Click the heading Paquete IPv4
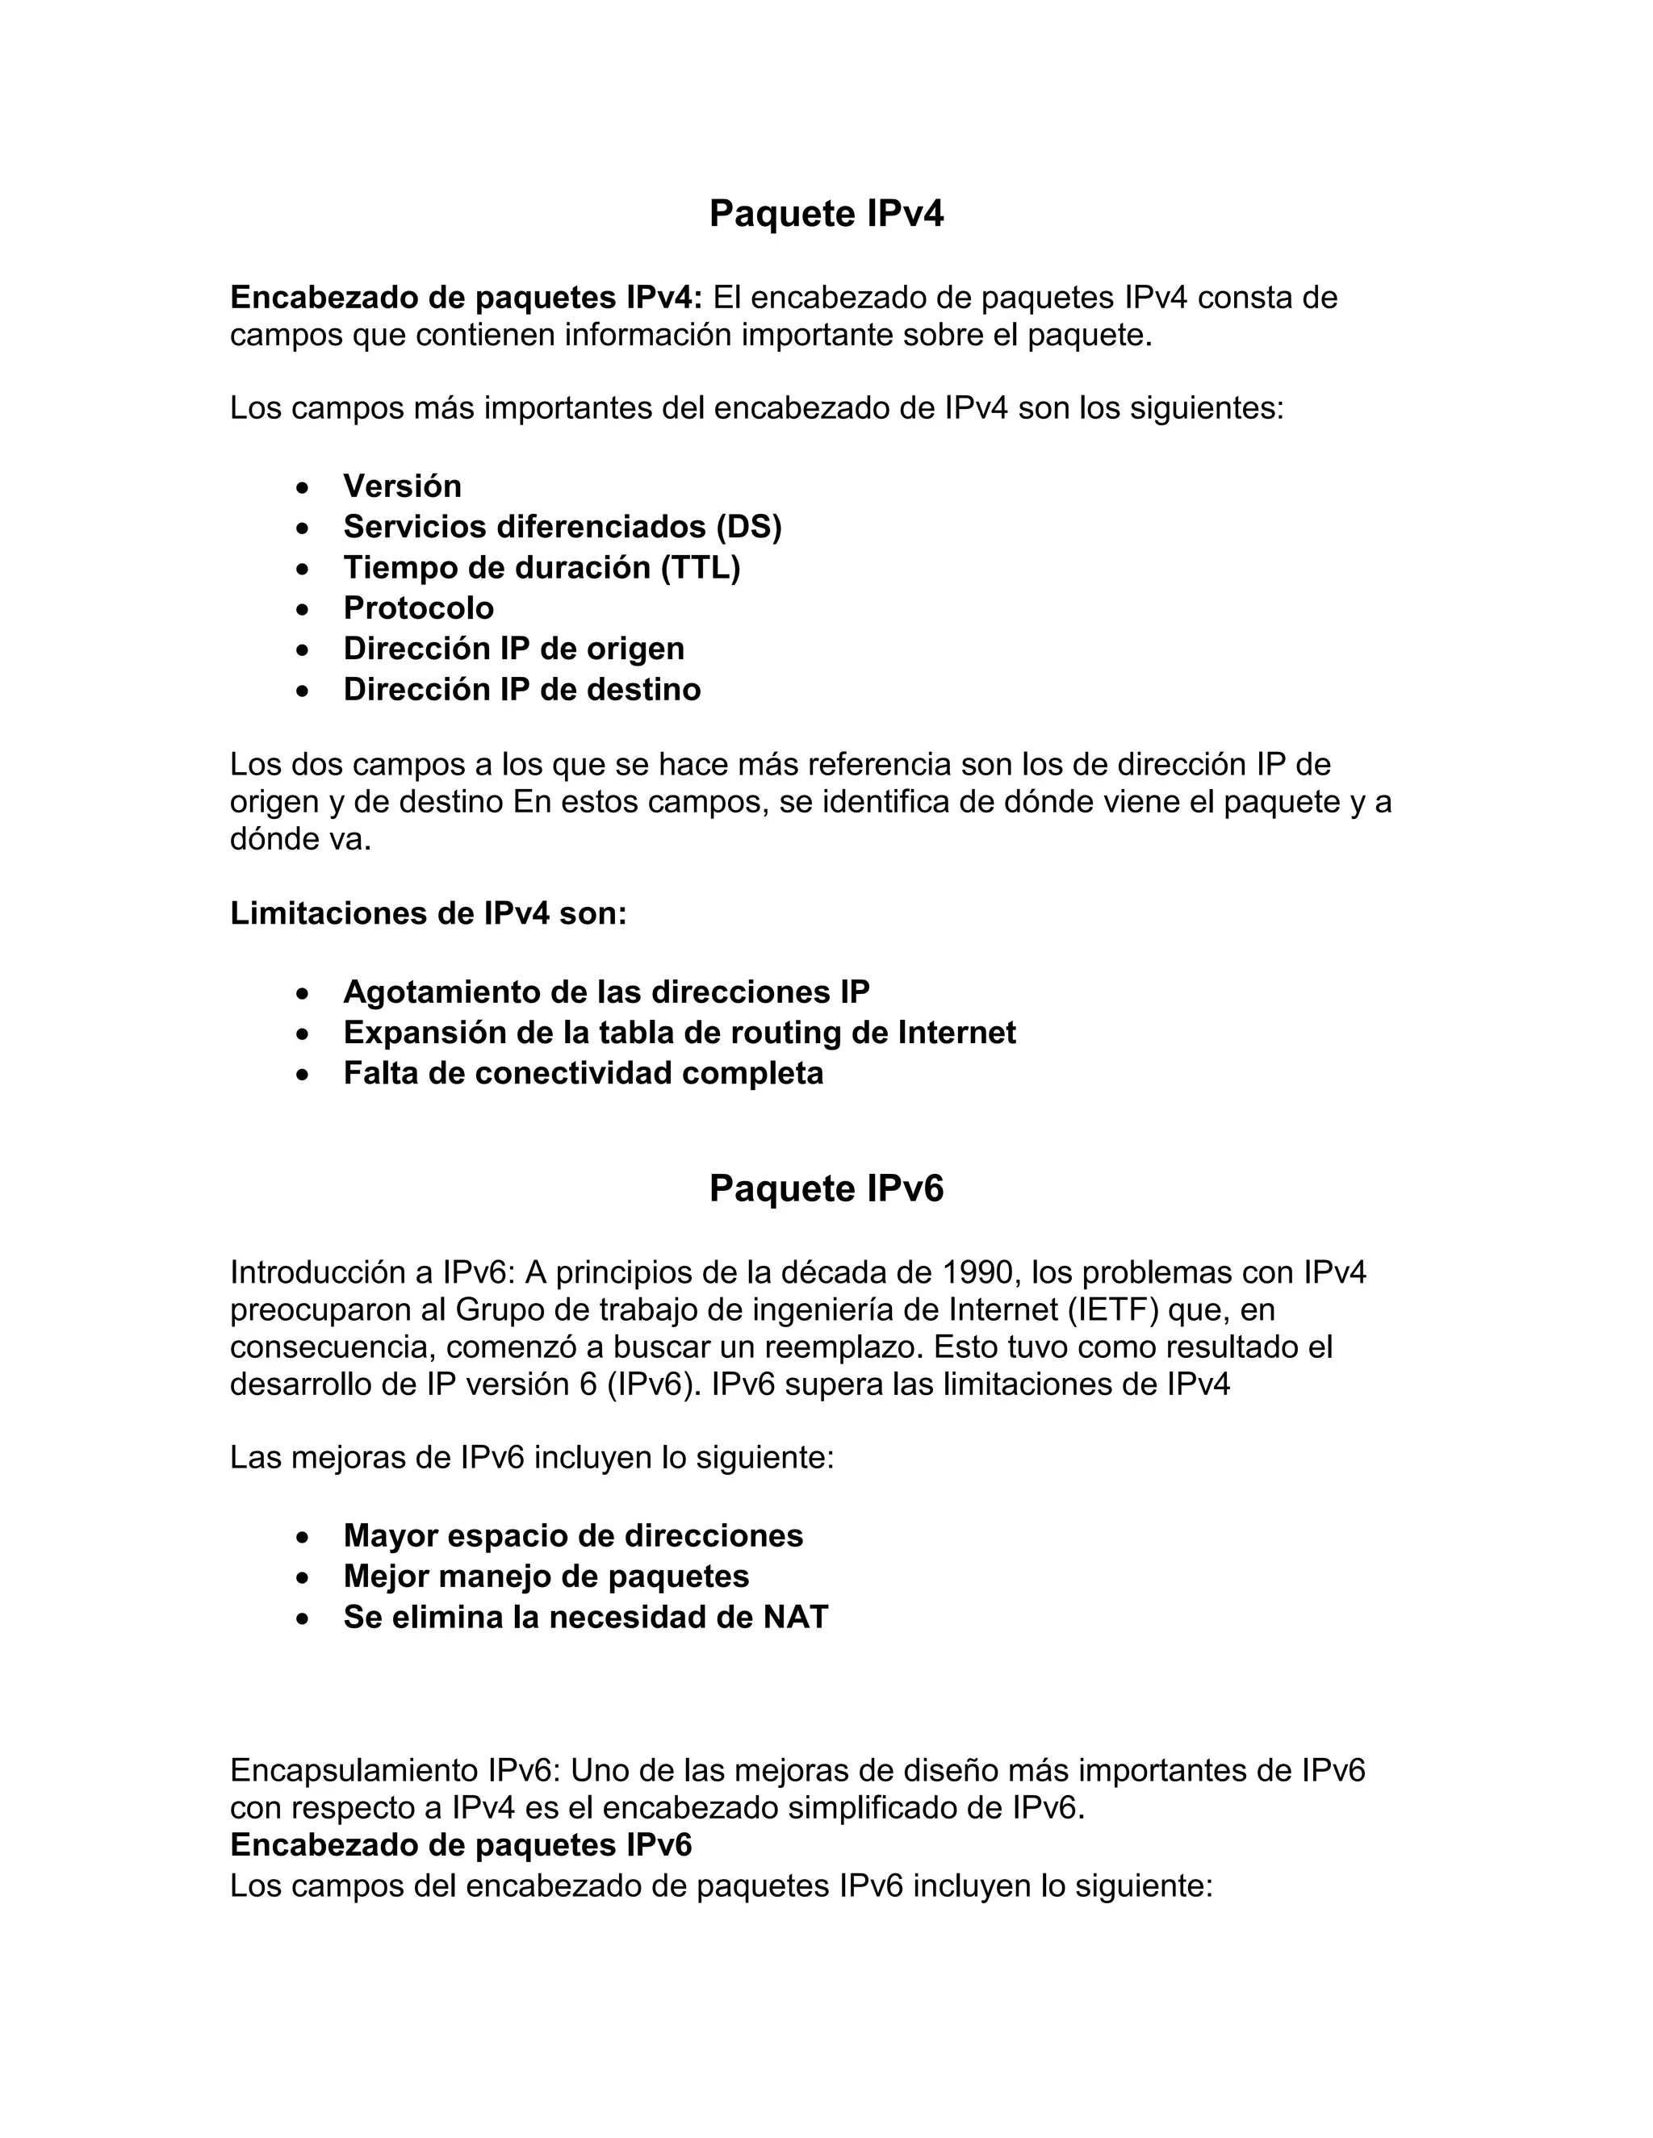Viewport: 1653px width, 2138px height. (826, 214)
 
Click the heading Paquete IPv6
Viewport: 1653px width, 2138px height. (826, 1188)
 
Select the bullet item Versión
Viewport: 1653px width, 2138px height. (401, 486)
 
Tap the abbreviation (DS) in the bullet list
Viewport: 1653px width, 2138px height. (748, 527)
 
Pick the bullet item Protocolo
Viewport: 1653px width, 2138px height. (418, 608)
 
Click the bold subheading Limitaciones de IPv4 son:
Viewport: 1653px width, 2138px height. (428, 913)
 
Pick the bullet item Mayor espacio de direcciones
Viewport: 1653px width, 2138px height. (573, 1536)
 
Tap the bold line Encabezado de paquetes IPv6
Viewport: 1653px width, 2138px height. (460, 1845)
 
